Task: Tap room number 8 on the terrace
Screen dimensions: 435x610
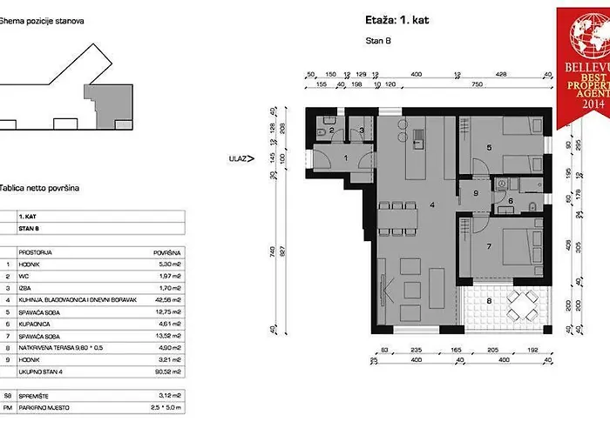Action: (x=489, y=301)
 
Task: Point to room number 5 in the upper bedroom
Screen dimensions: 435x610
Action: (x=490, y=148)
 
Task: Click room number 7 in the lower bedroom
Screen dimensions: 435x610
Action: (x=489, y=247)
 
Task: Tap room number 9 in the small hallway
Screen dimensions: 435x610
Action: (x=476, y=192)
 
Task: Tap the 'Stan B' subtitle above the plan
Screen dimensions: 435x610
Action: (x=377, y=41)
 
